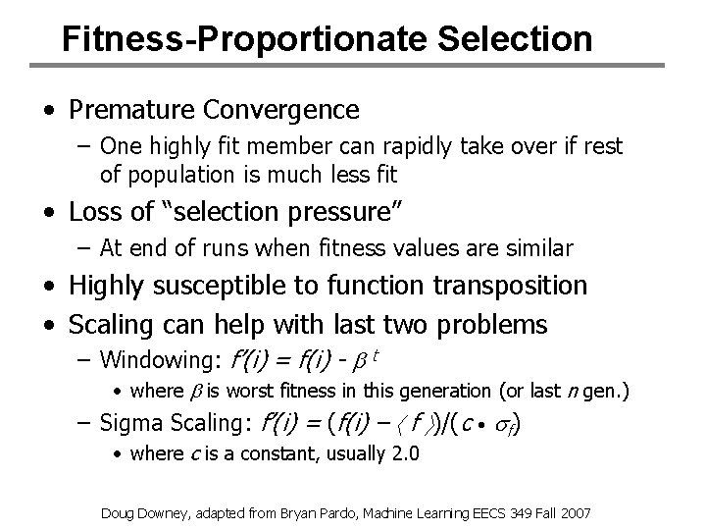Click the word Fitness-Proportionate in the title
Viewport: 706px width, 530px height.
click(228, 38)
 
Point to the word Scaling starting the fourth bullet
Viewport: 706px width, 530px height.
click(108, 323)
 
